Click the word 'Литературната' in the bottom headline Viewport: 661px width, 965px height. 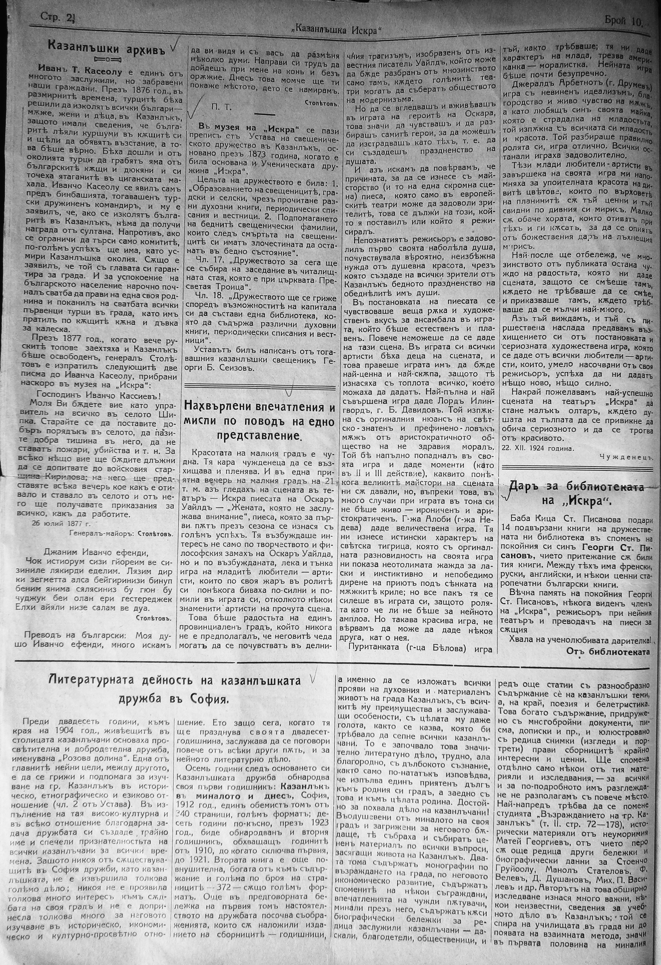[83, 681]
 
